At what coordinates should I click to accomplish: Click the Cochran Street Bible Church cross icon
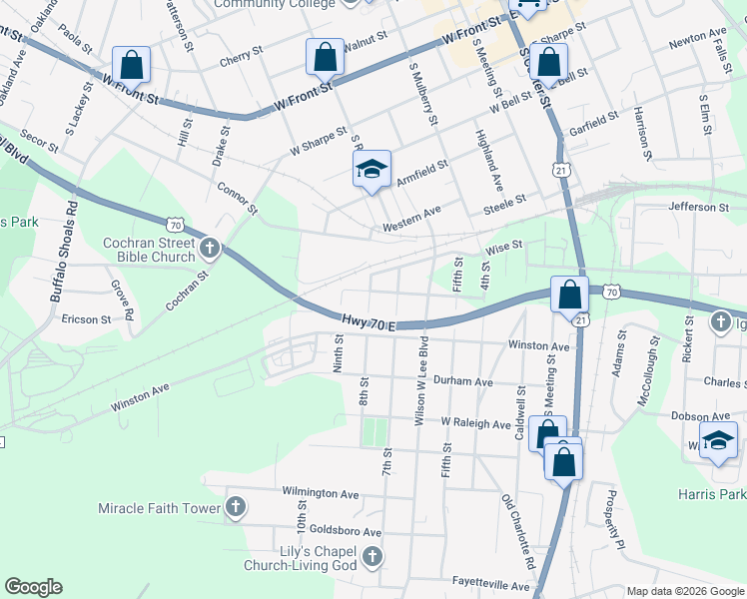[x=209, y=247]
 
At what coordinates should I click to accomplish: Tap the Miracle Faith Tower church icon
[x=235, y=508]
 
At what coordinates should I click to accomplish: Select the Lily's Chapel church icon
[x=372, y=557]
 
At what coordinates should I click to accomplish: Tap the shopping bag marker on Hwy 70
[x=569, y=296]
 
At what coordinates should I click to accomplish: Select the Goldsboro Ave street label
[x=346, y=532]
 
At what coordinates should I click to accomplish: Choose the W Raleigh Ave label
[x=475, y=423]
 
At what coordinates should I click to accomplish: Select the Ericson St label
[x=86, y=319]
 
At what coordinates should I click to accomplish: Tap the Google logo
[x=33, y=587]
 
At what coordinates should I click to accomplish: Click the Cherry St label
[x=241, y=59]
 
